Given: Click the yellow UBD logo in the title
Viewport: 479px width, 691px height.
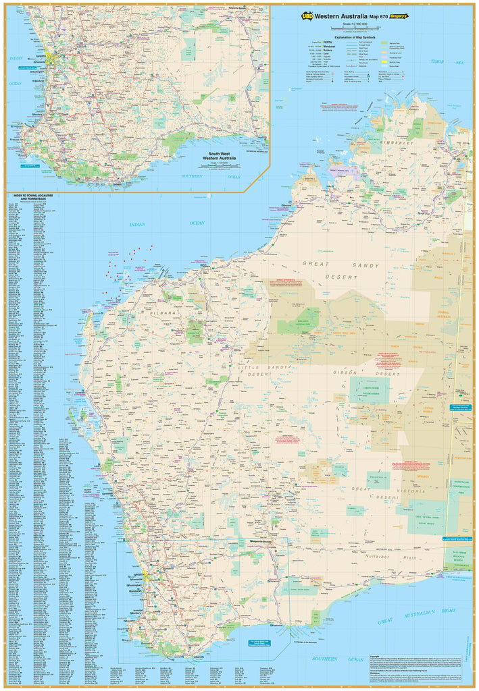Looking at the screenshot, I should tap(308, 16).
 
